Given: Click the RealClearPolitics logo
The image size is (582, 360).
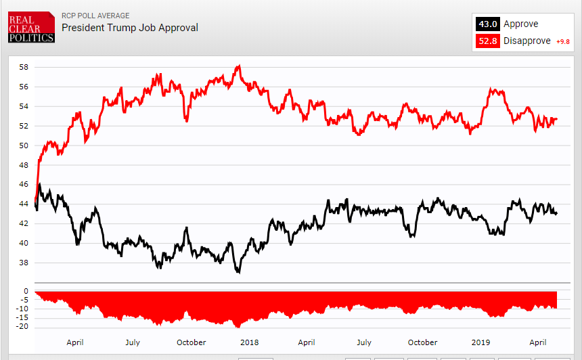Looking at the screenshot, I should click(31, 27).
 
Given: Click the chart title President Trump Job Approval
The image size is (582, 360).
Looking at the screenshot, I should click(130, 28).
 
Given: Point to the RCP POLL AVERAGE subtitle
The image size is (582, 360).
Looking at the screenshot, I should click(95, 16).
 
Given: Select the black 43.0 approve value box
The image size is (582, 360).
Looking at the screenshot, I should click(488, 24).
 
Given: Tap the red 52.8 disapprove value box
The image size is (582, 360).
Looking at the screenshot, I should click(488, 41).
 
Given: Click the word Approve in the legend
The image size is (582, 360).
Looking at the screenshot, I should click(520, 24).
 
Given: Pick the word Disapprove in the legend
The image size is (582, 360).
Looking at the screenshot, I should click(527, 41).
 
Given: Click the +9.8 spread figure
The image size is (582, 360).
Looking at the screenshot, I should click(563, 42).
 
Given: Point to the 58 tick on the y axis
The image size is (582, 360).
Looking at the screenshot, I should click(24, 68).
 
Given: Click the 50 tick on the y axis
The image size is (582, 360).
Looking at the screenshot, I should click(24, 145).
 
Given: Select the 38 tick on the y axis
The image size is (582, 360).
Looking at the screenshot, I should click(24, 263).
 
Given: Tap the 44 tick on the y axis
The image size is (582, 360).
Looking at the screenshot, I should click(24, 204).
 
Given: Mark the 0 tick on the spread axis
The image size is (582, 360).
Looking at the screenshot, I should click(26, 292).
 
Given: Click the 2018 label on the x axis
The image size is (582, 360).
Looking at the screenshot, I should click(249, 342).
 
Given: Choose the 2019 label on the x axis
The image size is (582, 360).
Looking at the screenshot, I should click(480, 342).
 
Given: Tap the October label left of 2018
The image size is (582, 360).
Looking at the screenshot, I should click(191, 342).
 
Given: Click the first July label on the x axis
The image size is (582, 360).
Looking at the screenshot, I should click(133, 342).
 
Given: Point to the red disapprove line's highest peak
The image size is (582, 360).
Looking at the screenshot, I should click(238, 66).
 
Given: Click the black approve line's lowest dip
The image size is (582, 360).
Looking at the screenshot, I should click(238, 272).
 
